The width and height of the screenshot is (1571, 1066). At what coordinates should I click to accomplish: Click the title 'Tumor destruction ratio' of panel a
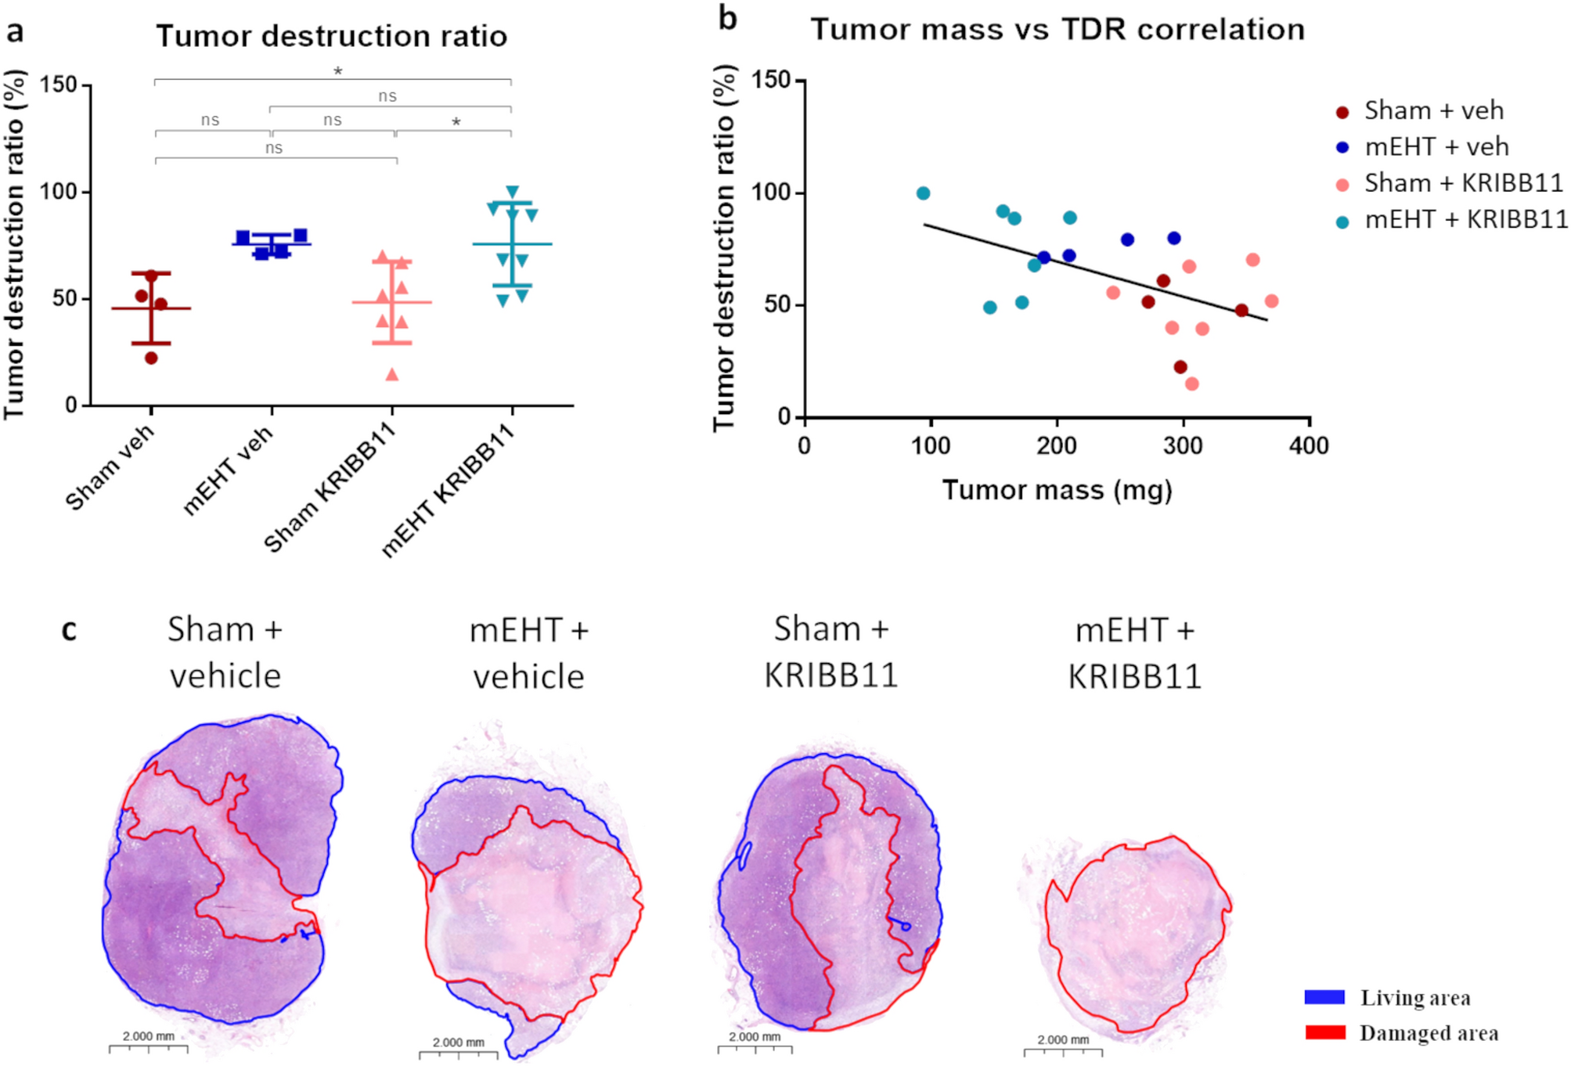coord(331,36)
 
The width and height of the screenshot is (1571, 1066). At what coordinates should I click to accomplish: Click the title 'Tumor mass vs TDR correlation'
coord(1057,30)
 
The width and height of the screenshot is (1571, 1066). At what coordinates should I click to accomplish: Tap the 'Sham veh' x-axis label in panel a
coord(110,468)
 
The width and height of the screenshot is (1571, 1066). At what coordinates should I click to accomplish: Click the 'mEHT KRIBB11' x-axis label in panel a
coord(449,490)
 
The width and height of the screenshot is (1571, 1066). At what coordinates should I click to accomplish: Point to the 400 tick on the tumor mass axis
coord(1309,445)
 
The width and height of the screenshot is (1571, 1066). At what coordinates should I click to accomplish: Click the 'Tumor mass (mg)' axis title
coord(1057,490)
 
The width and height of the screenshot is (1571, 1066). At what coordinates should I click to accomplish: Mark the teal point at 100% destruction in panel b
coord(923,193)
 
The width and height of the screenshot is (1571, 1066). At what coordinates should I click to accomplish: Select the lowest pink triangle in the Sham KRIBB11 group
coord(392,375)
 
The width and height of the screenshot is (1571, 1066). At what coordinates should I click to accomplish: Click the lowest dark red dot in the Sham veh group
coord(151,358)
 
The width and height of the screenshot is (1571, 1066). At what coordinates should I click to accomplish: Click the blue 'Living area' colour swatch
coord(1324,997)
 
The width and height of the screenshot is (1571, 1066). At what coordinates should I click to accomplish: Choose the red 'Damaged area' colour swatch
coord(1324,1033)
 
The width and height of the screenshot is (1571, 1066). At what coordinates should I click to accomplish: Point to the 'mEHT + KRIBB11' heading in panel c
coord(1134,653)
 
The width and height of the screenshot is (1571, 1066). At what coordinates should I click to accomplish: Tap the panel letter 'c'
coord(69,630)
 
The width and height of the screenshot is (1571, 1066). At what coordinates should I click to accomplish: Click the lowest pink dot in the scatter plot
coord(1191,384)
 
